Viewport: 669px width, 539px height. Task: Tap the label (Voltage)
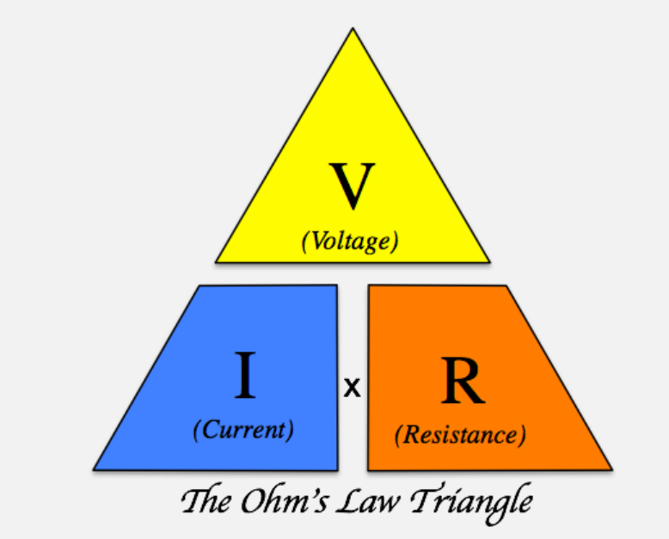(350, 242)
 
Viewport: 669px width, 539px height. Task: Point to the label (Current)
(243, 429)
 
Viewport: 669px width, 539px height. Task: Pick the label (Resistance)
(460, 434)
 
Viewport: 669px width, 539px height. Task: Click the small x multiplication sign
(352, 389)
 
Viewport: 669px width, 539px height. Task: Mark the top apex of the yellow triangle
(352, 28)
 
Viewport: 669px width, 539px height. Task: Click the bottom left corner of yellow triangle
(216, 261)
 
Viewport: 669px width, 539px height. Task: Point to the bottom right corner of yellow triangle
(489, 261)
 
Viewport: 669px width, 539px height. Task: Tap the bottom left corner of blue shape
(94, 469)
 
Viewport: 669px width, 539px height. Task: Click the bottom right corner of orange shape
(611, 469)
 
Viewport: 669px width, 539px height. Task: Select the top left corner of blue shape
(199, 286)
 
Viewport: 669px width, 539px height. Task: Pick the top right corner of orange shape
(506, 285)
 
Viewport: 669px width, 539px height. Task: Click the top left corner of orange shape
(369, 285)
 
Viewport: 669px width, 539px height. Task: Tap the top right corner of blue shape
(335, 285)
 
